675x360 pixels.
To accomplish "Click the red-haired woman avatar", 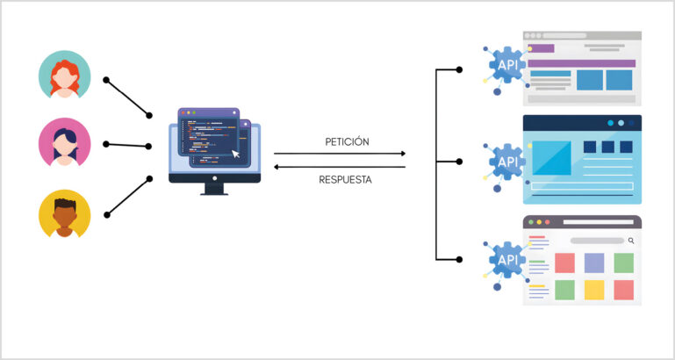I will click(64, 76).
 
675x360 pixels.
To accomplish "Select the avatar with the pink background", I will click(64, 144).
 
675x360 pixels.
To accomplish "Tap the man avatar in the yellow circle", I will click(64, 214).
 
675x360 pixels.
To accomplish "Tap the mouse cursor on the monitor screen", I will click(234, 155).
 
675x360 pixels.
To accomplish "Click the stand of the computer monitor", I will click(214, 188).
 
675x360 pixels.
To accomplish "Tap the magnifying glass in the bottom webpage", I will click(630, 240).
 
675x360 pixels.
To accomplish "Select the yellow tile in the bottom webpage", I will click(594, 290).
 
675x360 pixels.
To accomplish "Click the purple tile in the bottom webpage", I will click(594, 263).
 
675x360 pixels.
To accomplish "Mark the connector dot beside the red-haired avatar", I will click(106, 80).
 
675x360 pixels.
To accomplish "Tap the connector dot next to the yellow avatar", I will click(107, 213).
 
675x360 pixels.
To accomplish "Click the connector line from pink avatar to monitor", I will click(128, 145).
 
